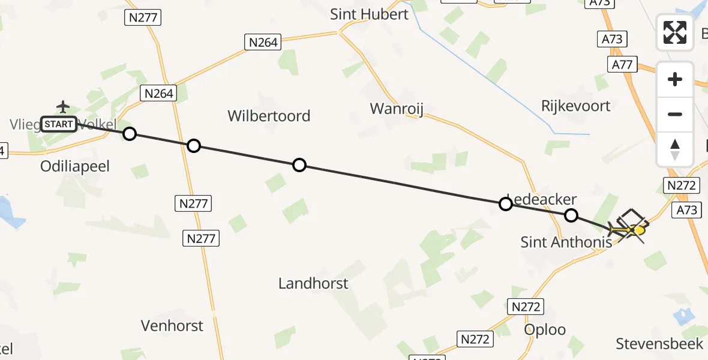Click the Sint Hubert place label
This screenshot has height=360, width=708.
(369, 14)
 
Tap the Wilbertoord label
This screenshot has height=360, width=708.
(269, 116)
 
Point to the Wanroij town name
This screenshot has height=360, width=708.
(397, 109)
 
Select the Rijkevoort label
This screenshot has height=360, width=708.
(575, 106)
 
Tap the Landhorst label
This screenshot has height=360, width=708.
(313, 283)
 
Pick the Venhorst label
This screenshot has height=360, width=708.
(172, 326)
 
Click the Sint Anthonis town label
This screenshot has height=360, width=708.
(566, 242)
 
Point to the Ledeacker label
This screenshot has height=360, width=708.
(543, 199)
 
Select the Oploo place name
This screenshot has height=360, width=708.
(545, 330)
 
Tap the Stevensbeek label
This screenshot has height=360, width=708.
(659, 344)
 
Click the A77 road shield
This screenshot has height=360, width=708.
(622, 64)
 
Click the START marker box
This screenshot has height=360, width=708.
(59, 124)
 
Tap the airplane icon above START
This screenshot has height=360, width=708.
(63, 107)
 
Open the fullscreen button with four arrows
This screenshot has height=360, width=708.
(675, 32)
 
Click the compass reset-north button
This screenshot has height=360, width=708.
(675, 149)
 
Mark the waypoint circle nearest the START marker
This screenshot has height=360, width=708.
(130, 134)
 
